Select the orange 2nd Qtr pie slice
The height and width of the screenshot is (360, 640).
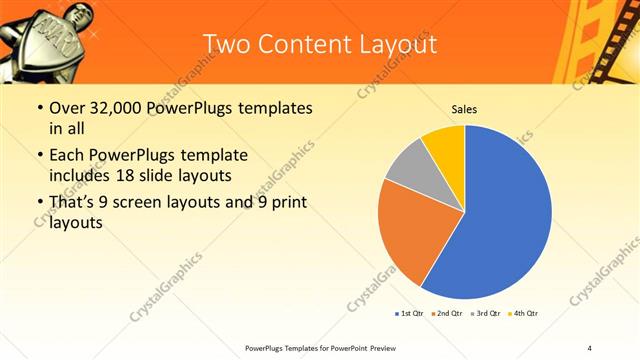tap(410, 230)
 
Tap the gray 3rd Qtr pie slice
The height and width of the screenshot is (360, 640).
tap(408, 167)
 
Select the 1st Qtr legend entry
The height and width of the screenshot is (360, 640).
tap(409, 314)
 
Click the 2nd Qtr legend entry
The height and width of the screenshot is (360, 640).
tap(446, 314)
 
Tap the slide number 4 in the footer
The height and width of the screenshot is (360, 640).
tap(590, 347)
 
